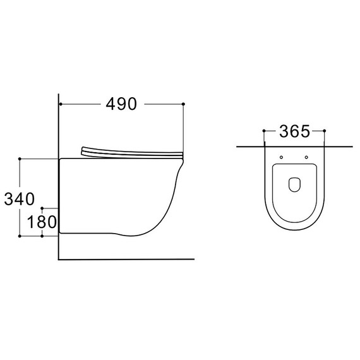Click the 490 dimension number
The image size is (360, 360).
pos(121,104)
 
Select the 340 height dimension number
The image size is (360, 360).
pos(20,199)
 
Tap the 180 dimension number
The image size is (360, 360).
pos(42,222)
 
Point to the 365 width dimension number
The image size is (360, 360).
pos(294,131)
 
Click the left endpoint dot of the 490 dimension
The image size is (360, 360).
pos(61,104)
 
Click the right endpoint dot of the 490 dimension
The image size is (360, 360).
pos(183,104)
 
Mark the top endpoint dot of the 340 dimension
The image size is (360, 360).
pos(20,159)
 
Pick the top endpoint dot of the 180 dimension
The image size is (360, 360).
pos(42,208)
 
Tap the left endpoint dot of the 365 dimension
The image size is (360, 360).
pos(264,131)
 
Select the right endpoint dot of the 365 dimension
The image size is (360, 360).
pos(325,131)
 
